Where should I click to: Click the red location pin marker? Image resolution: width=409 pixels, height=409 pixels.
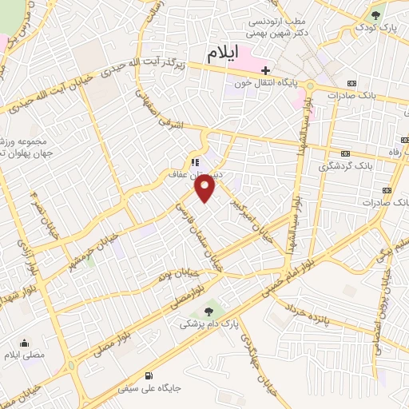205,189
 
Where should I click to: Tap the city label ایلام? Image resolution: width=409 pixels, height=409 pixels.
223,54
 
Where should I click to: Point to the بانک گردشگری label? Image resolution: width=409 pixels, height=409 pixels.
368,166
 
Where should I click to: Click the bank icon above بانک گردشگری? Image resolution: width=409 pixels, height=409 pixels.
345,153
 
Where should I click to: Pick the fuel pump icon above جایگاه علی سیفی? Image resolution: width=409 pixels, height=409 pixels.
149,375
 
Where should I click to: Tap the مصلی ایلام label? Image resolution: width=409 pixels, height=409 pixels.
26,354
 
